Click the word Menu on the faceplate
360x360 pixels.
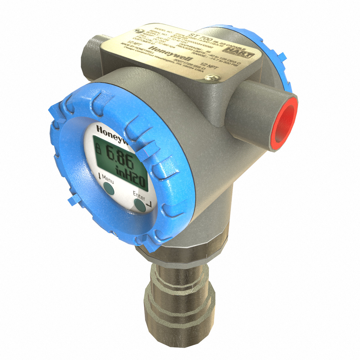(x=108, y=179)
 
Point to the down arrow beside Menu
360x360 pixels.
(x=99, y=176)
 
